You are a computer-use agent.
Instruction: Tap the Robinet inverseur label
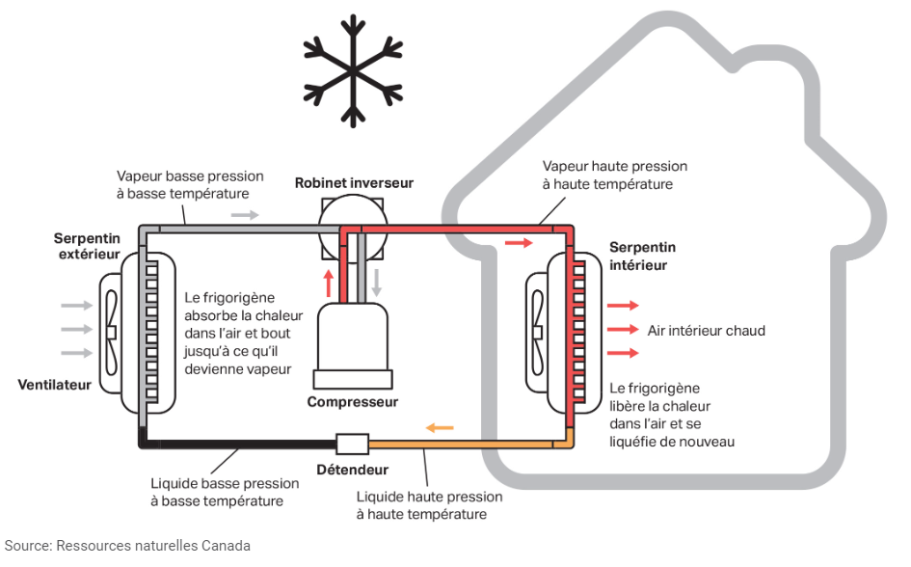click(354, 182)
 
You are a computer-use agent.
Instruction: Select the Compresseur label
click(352, 401)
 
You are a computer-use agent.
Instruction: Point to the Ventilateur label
click(54, 385)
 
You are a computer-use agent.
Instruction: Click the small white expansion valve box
click(352, 445)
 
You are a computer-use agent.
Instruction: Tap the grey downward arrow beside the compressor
click(377, 282)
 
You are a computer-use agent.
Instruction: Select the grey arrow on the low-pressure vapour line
click(245, 214)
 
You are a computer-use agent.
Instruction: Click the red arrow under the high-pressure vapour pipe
click(518, 243)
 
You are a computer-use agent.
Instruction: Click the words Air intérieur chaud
click(706, 331)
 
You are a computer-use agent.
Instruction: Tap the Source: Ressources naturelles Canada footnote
click(126, 546)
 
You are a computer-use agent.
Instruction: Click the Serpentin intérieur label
click(642, 256)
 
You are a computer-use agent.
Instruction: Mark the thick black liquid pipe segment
click(241, 445)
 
